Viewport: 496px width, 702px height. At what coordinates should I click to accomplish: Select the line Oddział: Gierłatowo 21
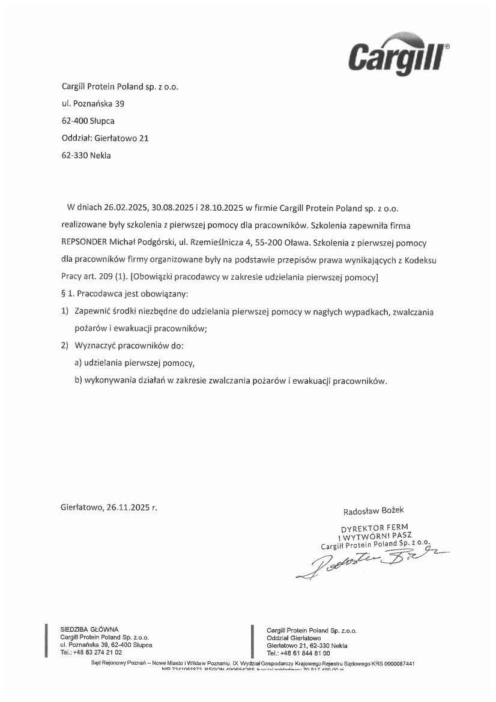[x=105, y=138]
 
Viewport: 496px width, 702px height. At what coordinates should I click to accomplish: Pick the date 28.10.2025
[x=222, y=208]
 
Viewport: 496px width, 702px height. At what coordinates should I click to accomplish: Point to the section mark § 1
[x=67, y=295]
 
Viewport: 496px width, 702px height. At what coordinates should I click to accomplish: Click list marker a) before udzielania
[x=78, y=364]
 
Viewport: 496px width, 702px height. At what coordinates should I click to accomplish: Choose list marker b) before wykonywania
[x=78, y=381]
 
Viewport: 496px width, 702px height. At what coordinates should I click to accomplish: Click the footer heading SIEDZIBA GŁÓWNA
[x=89, y=629]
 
